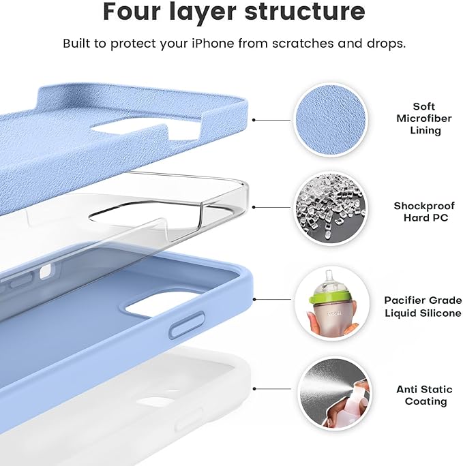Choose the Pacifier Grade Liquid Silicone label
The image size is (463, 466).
click(423, 306)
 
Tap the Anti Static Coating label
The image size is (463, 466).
click(424, 395)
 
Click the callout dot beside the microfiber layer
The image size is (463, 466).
click(254, 119)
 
